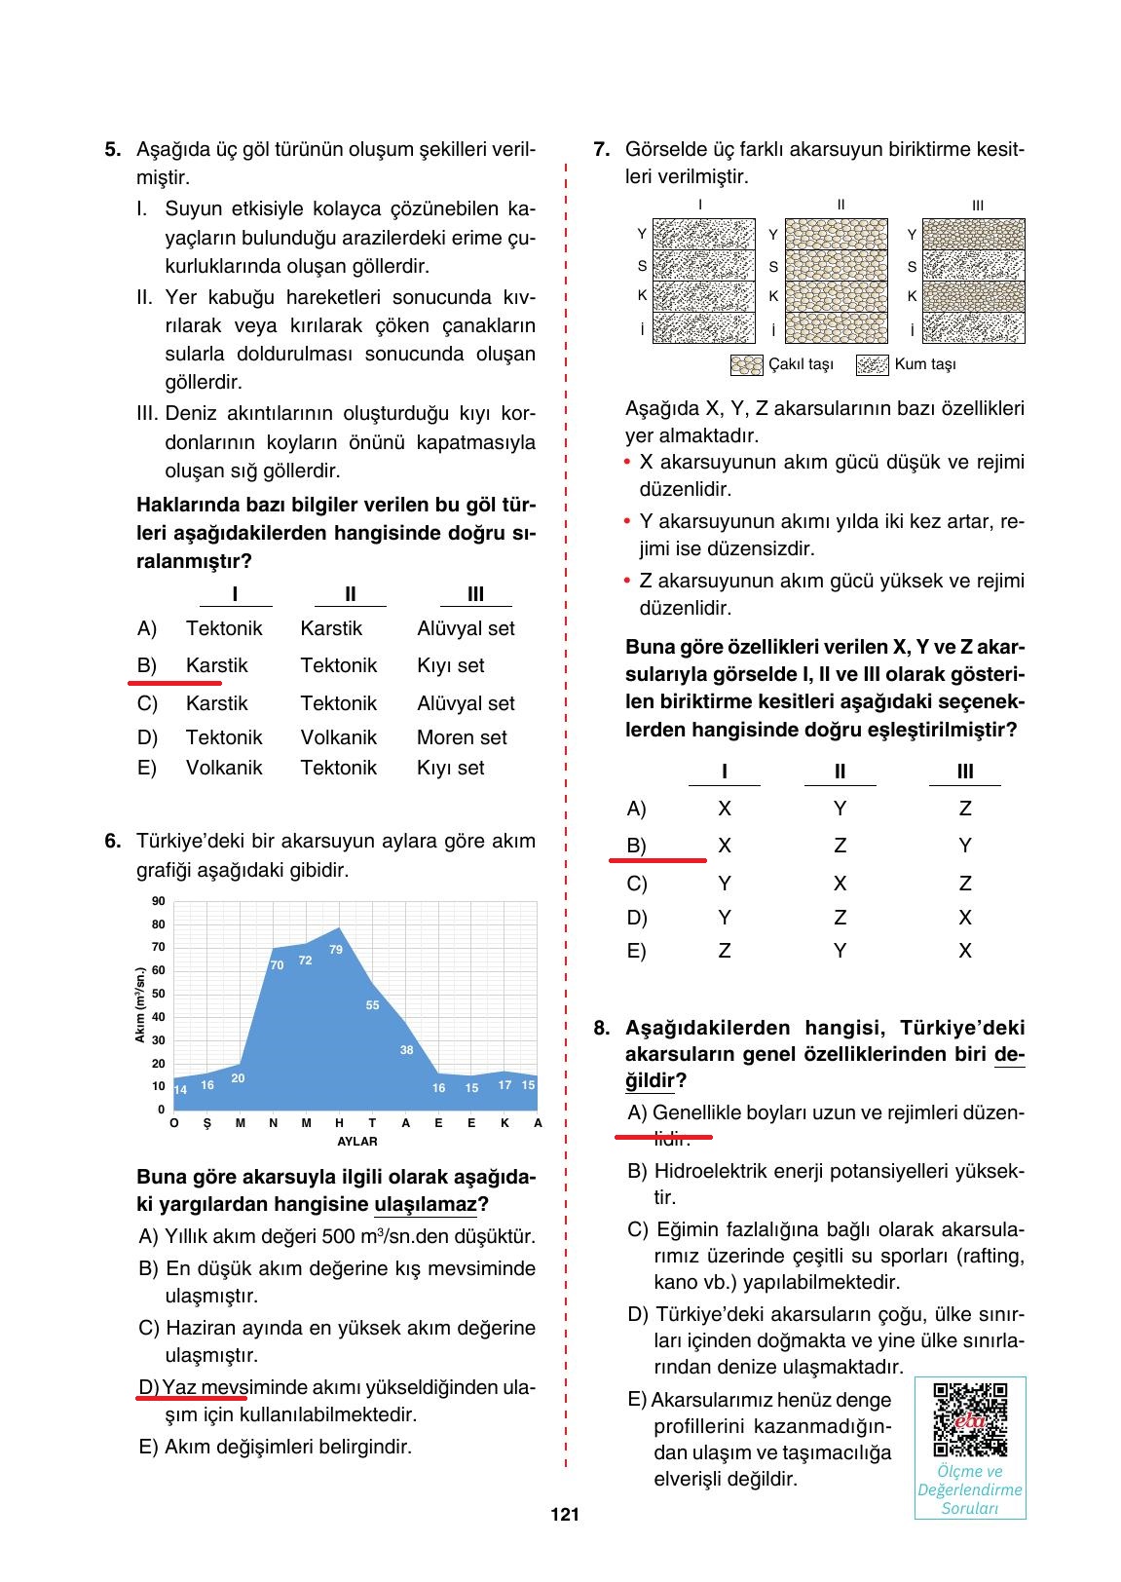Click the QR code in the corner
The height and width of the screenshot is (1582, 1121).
pos(970,1419)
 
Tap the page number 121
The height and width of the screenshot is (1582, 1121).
pos(565,1515)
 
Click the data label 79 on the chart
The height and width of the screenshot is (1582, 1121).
pos(336,950)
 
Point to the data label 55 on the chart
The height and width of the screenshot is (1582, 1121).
pos(372,1005)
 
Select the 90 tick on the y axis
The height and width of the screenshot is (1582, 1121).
pos(158,901)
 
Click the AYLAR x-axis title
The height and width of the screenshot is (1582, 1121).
pos(356,1142)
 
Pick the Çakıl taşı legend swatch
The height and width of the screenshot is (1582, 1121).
pos(745,365)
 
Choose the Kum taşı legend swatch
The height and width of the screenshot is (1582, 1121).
pos(872,365)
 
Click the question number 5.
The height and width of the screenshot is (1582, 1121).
pos(113,150)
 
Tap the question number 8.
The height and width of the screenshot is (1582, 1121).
pos(602,1028)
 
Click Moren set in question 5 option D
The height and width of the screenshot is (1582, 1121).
pos(462,738)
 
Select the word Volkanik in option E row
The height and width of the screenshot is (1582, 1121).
pos(224,768)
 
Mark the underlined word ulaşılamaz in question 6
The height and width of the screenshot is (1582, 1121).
pos(426,1205)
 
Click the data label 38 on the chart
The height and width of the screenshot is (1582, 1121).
pos(406,1050)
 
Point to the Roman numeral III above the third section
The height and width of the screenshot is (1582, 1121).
pos(977,206)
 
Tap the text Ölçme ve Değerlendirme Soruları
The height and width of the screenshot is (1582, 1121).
pos(970,1489)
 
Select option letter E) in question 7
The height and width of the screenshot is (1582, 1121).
pos(636,951)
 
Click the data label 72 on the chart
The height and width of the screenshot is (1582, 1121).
pos(305,960)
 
